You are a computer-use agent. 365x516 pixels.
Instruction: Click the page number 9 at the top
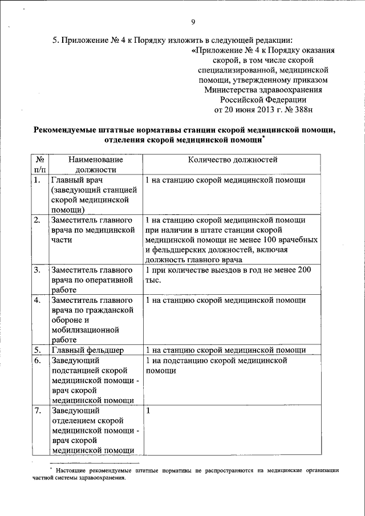click(193, 22)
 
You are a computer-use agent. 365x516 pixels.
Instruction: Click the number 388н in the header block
click(298, 109)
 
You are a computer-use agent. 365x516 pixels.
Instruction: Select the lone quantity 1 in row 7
click(148, 410)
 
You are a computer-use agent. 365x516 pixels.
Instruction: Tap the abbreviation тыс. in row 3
click(154, 280)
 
